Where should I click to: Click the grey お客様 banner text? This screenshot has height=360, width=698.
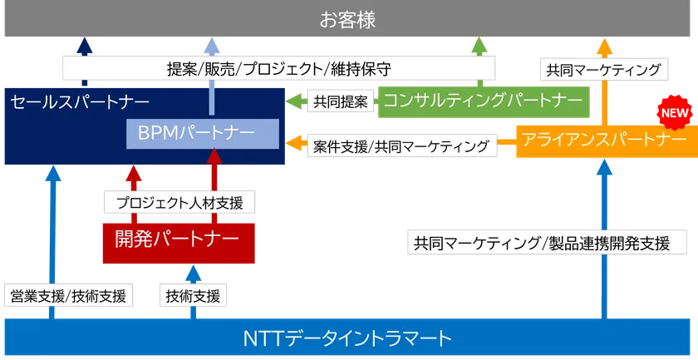[x=347, y=20]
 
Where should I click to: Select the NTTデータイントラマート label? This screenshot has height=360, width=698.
[x=347, y=338]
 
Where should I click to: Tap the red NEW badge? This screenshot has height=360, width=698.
[x=675, y=113]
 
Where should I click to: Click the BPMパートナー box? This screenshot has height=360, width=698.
[x=203, y=134]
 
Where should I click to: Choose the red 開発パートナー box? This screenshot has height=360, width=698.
[x=179, y=244]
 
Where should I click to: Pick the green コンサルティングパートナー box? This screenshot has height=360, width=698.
[x=484, y=102]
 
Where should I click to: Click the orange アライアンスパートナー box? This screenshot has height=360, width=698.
[x=607, y=141]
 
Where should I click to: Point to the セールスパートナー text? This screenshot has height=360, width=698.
[x=80, y=102]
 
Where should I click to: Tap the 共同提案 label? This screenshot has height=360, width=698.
[x=341, y=101]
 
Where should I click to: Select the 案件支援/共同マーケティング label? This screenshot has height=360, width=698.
[x=402, y=146]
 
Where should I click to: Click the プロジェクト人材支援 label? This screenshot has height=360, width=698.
[x=179, y=202]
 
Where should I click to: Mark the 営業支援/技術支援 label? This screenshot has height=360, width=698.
[x=68, y=295]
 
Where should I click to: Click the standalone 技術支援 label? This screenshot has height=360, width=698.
[x=193, y=295]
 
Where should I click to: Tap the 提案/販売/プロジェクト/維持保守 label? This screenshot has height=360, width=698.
[x=278, y=68]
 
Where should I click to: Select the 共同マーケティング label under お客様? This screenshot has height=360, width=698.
[x=604, y=69]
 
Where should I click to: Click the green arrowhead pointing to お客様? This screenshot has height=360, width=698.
[x=479, y=46]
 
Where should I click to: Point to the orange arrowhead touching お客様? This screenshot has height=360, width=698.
[x=604, y=47]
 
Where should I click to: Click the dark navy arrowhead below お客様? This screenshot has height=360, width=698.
[x=85, y=46]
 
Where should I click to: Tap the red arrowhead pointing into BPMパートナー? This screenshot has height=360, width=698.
[x=214, y=156]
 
